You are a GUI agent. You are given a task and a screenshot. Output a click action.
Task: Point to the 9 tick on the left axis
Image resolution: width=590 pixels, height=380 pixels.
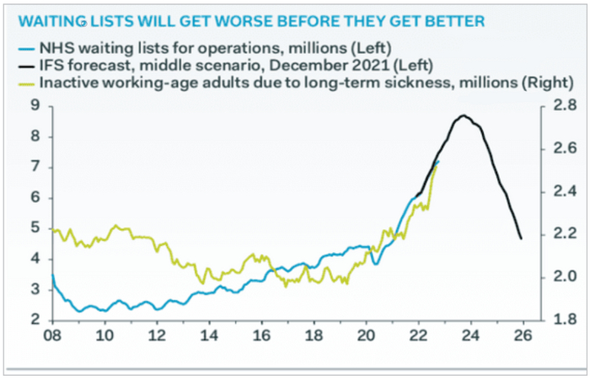click(x=36, y=105)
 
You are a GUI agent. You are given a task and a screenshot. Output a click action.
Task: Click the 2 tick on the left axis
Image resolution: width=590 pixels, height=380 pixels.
click(x=36, y=319)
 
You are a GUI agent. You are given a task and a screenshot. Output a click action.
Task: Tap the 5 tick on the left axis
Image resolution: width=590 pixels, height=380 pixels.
click(x=36, y=227)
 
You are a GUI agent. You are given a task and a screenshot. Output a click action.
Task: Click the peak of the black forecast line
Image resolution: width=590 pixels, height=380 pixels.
click(x=463, y=115)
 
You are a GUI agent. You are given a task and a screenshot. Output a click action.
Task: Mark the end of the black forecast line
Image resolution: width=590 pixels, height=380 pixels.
click(x=521, y=238)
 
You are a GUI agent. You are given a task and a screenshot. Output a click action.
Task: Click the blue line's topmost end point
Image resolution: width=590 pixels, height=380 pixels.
click(x=438, y=161)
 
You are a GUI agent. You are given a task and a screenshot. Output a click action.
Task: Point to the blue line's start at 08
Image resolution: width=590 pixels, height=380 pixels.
click(x=52, y=275)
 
